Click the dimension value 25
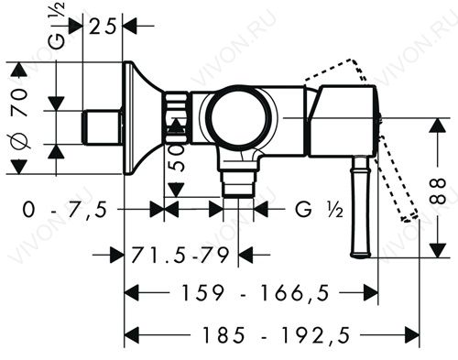coord(104,27)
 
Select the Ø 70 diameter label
coord(19,118)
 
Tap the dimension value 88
coord(437,191)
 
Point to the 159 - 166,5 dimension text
coord(256,292)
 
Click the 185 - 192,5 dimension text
coord(276,335)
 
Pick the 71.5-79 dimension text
coord(180,255)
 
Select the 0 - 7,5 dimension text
coord(65,210)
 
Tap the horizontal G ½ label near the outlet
coord(319,210)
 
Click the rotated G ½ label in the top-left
coord(57,26)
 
